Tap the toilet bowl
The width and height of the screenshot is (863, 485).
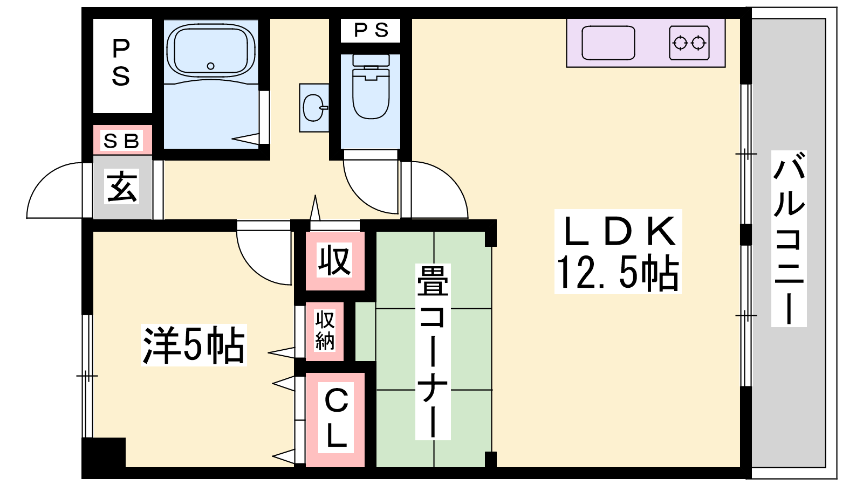[x=371, y=87]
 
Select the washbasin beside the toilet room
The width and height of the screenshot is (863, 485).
[x=314, y=108]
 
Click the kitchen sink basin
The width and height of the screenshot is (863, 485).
[x=608, y=43]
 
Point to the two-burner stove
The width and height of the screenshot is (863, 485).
[x=689, y=43]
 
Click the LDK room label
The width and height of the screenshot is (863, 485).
[x=618, y=231]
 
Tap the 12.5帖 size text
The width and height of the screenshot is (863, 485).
[x=618, y=272]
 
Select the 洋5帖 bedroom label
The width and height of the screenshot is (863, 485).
[x=194, y=345]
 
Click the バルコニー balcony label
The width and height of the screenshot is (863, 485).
[x=789, y=239]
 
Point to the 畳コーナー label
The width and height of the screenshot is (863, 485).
[x=433, y=351]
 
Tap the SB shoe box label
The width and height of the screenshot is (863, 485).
[x=121, y=141]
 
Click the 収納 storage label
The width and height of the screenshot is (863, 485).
[x=325, y=330]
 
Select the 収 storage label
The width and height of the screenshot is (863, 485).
[x=334, y=260]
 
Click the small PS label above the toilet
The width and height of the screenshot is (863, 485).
[x=371, y=30]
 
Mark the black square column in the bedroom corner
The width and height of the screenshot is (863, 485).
[x=104, y=452]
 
